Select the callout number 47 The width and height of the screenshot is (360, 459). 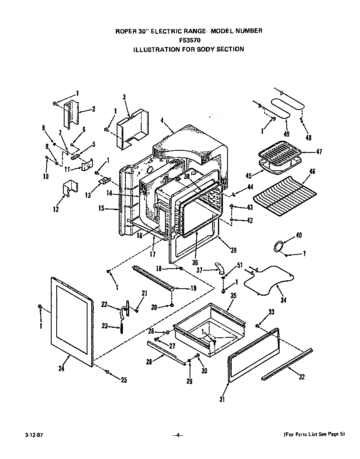click(319, 152)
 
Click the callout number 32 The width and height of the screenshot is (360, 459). click(302, 377)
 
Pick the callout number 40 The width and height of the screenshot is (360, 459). click(298, 236)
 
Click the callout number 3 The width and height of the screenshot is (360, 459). click(124, 97)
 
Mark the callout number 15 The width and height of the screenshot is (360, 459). click(101, 208)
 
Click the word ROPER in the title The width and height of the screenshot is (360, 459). click(124, 31)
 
